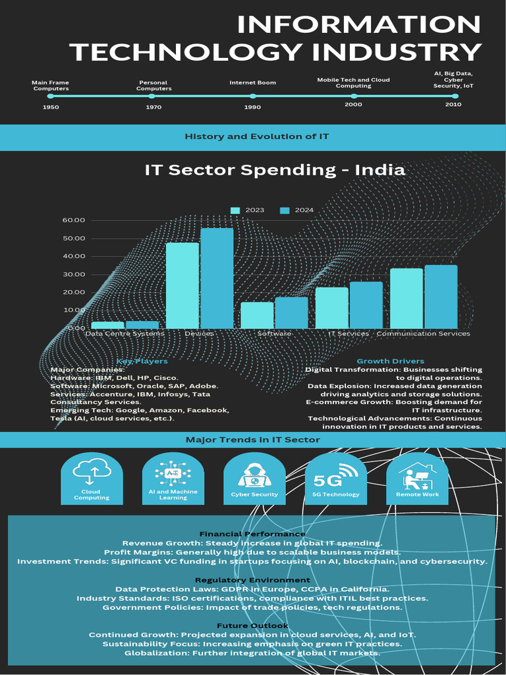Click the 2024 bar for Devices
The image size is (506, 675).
coord(217,278)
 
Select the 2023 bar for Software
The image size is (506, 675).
coord(257,315)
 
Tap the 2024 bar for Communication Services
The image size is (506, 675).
coord(441,297)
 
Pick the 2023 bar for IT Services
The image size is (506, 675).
coord(331,308)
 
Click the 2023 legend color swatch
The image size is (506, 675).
coord(235,210)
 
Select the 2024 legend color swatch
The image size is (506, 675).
coord(285,210)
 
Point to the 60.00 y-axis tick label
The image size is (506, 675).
coord(74,220)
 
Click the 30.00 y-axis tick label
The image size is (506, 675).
coord(74,274)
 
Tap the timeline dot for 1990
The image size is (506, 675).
coord(252,96)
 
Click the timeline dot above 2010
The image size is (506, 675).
coord(455,96)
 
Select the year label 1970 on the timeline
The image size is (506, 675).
coord(154,106)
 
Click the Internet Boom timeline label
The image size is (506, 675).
coord(252,82)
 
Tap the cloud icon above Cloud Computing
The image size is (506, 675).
coord(91,469)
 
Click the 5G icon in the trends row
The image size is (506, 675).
coord(335,473)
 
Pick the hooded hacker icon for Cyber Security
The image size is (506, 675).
coord(254,473)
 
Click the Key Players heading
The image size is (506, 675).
coord(142,361)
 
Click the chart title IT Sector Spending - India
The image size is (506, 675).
coord(274,169)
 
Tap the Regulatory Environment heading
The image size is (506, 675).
coord(253,579)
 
